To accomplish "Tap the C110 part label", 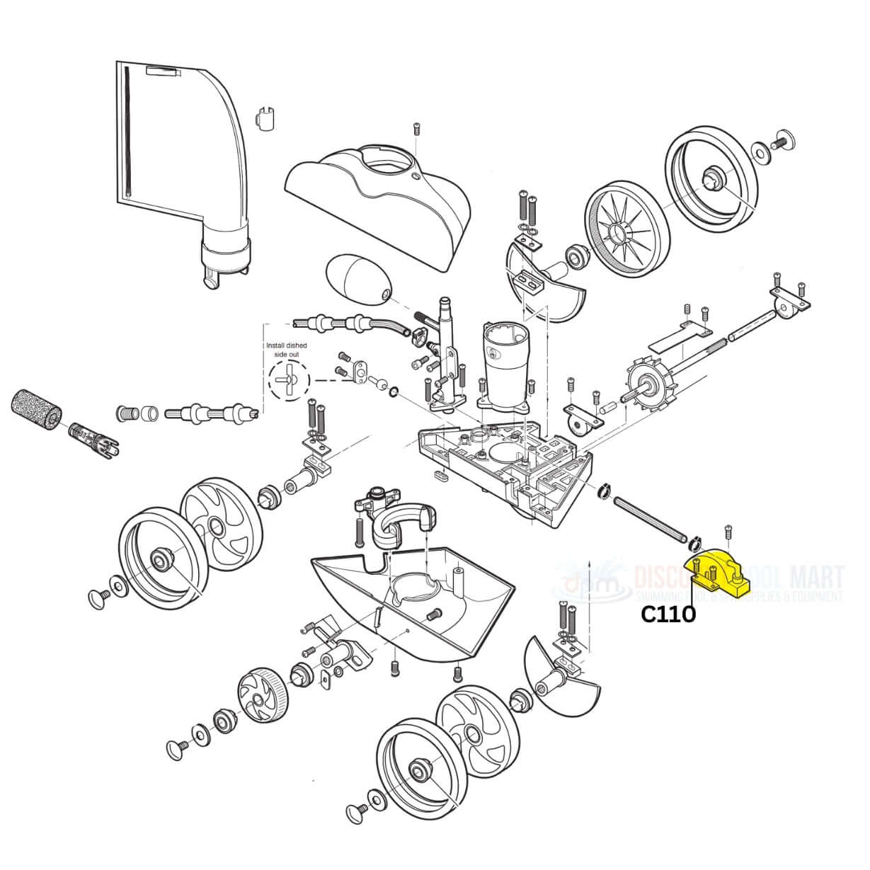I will tap(668, 614).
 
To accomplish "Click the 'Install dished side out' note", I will tap(286, 350).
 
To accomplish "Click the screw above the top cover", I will tap(416, 129).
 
